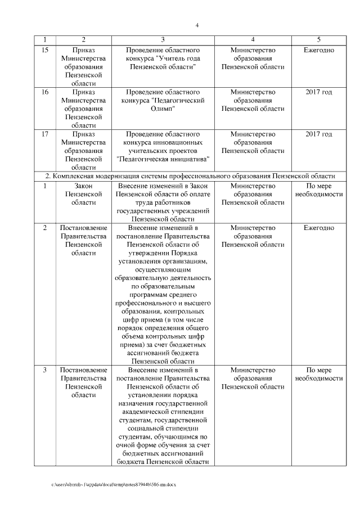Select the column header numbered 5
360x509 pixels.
pos(319,39)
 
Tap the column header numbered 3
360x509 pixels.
pos(163,39)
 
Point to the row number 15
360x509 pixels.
pos(46,50)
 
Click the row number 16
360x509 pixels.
pos(46,92)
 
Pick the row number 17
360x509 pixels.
pos(46,134)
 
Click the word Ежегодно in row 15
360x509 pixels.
pos(319,50)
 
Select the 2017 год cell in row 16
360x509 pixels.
pos(319,92)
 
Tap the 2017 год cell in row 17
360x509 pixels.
pos(319,134)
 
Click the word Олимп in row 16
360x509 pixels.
pos(163,109)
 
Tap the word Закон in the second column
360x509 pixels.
pos(83,185)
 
